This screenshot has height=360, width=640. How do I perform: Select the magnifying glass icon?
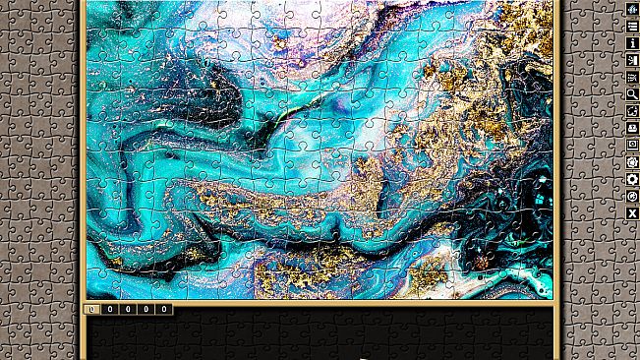(x=632, y=93)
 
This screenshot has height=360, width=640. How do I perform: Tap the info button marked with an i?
(x=632, y=42)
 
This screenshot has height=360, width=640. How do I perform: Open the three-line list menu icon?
(x=632, y=26)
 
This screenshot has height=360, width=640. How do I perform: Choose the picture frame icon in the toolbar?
(x=632, y=145)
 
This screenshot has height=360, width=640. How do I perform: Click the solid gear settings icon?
(x=632, y=179)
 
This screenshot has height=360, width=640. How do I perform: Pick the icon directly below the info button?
(x=632, y=60)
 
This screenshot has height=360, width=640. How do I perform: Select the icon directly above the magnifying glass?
(x=632, y=77)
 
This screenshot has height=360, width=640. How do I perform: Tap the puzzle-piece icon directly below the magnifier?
(x=632, y=111)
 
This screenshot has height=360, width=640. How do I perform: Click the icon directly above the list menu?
(x=632, y=9)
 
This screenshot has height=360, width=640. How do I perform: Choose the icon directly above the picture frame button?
(x=632, y=128)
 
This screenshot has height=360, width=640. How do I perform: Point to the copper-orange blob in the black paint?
(x=482, y=263)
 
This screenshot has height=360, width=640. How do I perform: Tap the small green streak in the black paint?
(x=281, y=115)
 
